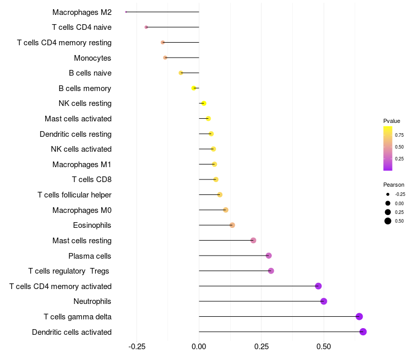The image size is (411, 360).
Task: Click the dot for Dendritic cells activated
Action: [363, 332]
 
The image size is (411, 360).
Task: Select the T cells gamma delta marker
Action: [359, 317]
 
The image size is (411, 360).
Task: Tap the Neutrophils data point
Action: [324, 301]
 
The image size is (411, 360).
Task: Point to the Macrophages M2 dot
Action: [126, 12]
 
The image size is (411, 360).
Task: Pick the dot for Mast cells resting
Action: [253, 241]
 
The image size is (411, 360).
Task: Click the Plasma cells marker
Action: [269, 256]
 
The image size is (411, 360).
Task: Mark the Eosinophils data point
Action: [232, 225]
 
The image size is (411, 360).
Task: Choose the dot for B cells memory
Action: [194, 88]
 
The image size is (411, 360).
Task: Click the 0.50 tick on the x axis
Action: [324, 347]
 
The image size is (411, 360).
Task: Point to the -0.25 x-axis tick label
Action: [136, 347]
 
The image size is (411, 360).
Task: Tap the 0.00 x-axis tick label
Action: [199, 347]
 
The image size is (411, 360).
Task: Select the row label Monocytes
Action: [92, 58]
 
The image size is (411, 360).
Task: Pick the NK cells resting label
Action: [85, 103]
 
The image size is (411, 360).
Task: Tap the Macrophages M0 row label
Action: [82, 210]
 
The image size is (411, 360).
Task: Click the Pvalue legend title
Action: [391, 121]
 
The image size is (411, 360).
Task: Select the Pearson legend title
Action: [394, 185]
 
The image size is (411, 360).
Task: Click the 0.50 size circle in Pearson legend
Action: [388, 221]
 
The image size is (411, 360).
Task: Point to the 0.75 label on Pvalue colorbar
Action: [399, 135]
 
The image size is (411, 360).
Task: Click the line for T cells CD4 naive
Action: [172, 27]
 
